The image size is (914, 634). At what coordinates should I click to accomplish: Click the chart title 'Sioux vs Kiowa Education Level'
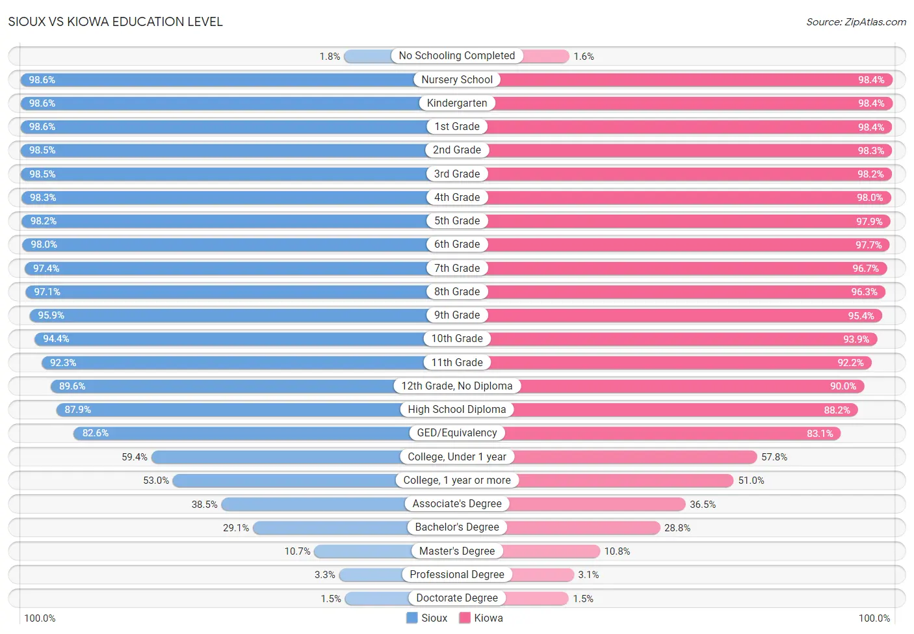pos(116,21)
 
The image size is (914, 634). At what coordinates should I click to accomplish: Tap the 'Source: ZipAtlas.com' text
pos(856,22)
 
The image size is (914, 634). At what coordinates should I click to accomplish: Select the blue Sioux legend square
pos(411,618)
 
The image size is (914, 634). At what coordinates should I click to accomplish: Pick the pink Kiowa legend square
pos(464,618)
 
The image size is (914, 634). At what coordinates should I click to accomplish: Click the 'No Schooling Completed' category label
pos(456,55)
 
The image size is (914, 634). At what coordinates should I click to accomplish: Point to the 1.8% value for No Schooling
pos(330,57)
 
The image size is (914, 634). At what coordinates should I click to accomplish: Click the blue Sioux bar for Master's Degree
pos(363,551)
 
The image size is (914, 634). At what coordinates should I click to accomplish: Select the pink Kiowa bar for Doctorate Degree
pos(536,598)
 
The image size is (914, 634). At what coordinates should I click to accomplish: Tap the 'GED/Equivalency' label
pos(457,432)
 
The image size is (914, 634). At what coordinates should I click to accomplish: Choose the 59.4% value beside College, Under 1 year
pos(135,457)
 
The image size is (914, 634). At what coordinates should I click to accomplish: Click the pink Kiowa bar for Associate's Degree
pos(597,504)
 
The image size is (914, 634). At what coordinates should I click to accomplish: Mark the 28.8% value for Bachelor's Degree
pos(677,528)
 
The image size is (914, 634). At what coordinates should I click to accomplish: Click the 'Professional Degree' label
pos(457,574)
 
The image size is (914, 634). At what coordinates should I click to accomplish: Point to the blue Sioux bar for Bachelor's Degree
pos(330,528)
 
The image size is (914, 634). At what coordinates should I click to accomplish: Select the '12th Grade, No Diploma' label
pos(457,386)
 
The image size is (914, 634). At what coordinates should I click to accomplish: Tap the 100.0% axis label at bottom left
pos(40,618)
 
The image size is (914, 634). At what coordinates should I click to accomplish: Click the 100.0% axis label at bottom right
pos(874,618)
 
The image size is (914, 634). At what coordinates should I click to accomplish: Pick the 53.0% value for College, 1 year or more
pos(156,481)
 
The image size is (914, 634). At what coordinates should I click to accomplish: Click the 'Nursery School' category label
pos(457,79)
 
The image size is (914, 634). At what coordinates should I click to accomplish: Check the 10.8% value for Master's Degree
pos(618,551)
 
